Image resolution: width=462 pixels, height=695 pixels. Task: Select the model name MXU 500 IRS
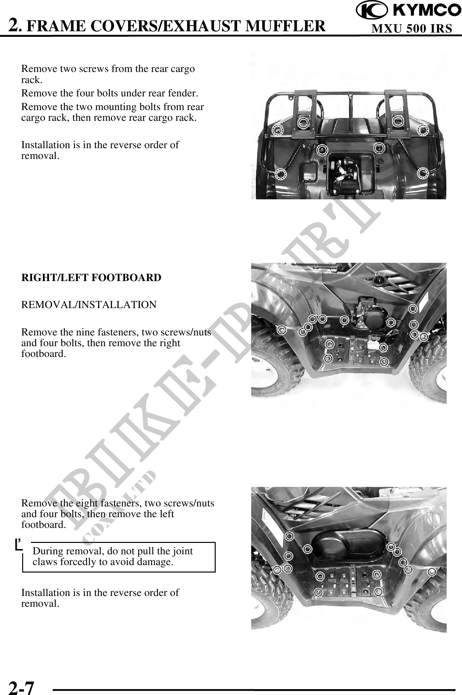coord(412,29)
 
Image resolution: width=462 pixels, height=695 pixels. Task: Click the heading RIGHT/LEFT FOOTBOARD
coord(91,277)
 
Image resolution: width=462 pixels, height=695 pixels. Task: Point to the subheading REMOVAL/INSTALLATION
coord(89,305)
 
